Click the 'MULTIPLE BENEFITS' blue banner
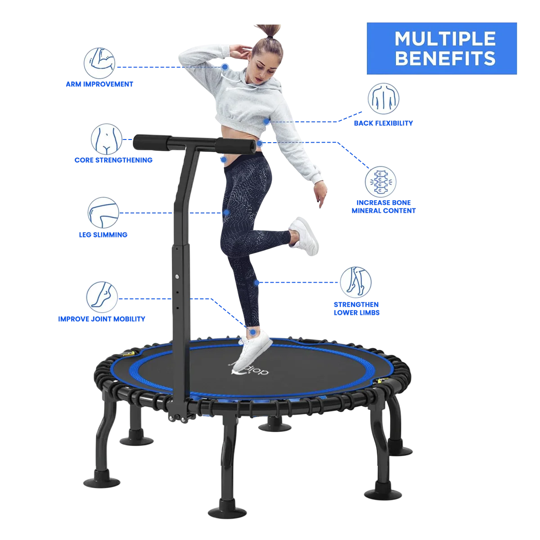(x=441, y=49)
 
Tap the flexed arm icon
(x=99, y=63)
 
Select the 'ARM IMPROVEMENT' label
(x=99, y=84)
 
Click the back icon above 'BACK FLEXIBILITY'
(x=383, y=99)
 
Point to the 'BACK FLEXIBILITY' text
(x=383, y=123)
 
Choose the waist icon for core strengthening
(x=107, y=139)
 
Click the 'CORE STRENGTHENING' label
(x=113, y=160)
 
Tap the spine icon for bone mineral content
(x=380, y=182)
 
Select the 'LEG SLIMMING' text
(x=103, y=234)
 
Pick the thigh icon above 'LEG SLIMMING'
(x=103, y=213)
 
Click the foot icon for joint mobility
(x=102, y=297)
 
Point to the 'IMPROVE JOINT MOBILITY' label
(x=101, y=319)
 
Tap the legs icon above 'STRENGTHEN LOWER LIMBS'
(x=355, y=282)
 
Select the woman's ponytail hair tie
(x=270, y=37)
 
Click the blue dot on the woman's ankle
(x=253, y=332)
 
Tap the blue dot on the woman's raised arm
(x=225, y=67)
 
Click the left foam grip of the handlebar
(x=152, y=142)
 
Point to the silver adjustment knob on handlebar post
(x=177, y=277)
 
